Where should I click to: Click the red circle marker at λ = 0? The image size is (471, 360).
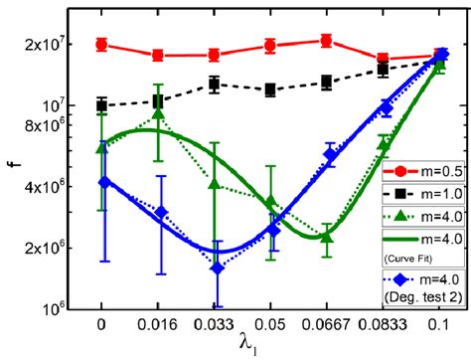(x=101, y=45)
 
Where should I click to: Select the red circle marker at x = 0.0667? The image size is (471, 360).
(x=327, y=41)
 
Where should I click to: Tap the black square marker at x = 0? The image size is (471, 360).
(x=101, y=104)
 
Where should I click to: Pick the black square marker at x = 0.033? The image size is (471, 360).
(x=214, y=85)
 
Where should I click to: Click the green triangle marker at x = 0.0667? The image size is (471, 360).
(x=327, y=238)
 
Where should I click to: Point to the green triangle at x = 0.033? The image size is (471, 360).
(x=214, y=183)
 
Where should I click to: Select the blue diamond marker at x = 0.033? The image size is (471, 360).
(x=214, y=268)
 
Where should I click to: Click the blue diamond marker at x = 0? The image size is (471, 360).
(x=101, y=181)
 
